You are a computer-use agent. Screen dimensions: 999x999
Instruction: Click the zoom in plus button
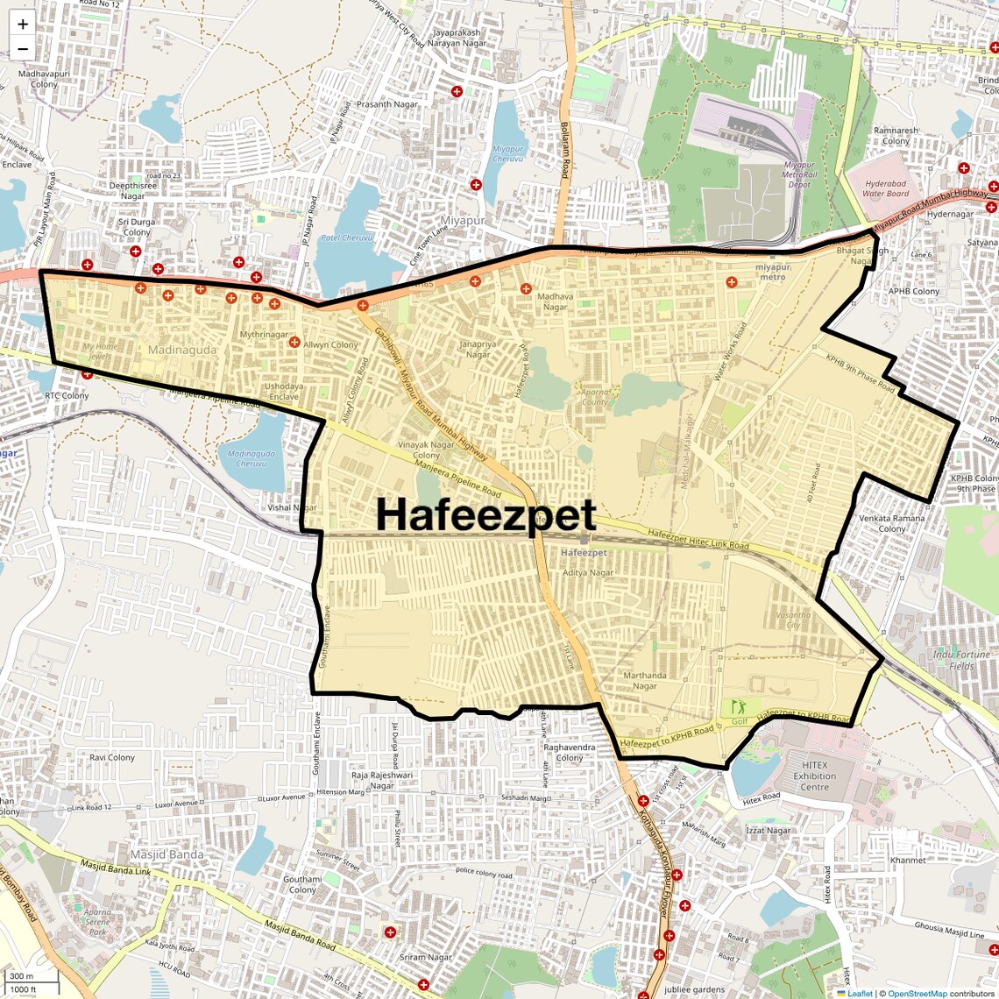click(x=23, y=25)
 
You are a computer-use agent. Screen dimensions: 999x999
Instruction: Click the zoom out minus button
click(x=23, y=49)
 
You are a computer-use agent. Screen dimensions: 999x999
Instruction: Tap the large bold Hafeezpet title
click(x=486, y=515)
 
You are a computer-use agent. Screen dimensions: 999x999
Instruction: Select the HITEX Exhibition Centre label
click(x=814, y=776)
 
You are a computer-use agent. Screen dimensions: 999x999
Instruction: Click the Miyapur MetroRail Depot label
click(x=798, y=174)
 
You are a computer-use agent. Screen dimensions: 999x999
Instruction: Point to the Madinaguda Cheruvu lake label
click(x=252, y=458)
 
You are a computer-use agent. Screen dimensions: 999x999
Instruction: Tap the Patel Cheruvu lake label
click(x=347, y=237)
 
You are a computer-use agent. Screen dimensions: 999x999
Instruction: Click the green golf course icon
click(x=739, y=706)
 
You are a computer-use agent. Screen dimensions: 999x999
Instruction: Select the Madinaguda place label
click(x=181, y=350)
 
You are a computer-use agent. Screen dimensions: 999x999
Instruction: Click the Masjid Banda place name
click(x=166, y=854)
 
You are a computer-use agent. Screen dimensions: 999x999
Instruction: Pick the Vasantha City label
click(x=793, y=620)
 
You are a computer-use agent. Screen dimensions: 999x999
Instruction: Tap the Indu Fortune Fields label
click(x=961, y=660)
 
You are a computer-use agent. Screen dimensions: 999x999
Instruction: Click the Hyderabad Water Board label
click(x=885, y=188)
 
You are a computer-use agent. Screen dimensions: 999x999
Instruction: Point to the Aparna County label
click(x=594, y=397)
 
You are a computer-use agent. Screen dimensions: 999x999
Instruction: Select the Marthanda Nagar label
click(x=645, y=680)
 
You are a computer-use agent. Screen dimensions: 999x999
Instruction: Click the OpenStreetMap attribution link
click(x=917, y=994)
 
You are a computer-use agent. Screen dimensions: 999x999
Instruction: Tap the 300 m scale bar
click(x=22, y=976)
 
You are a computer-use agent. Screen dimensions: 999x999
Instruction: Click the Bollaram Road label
click(x=565, y=151)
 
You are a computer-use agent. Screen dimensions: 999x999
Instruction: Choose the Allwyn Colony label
click(x=331, y=344)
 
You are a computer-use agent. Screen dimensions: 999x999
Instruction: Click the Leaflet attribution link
click(x=860, y=994)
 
